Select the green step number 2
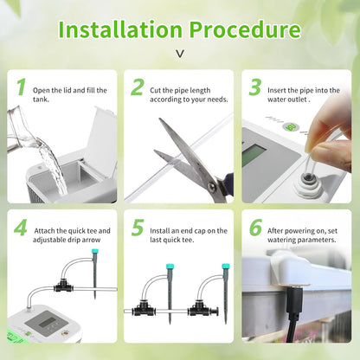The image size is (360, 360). point(138,87)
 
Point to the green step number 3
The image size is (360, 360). point(255,87)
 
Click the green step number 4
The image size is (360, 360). point(21,229)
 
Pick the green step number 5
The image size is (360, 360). point(138,229)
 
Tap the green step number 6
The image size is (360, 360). point(255,229)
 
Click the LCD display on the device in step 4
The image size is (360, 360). point(41,321)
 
